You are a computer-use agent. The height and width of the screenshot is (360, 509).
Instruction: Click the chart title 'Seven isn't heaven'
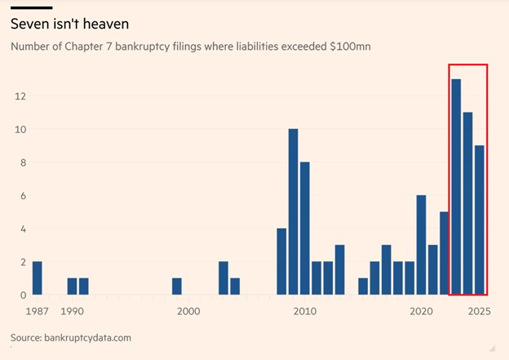click(69, 24)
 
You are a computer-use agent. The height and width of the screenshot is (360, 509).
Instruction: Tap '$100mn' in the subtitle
click(350, 47)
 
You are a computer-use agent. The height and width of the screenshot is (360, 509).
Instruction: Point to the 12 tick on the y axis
click(20, 96)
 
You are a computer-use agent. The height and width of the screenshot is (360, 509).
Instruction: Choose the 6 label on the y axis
click(24, 196)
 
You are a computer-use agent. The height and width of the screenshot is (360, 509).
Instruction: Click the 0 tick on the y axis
click(24, 295)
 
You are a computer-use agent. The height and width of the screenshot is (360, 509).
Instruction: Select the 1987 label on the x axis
click(37, 311)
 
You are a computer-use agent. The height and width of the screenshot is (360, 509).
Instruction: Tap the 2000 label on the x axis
click(188, 311)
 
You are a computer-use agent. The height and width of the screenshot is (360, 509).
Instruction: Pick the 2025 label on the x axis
click(479, 311)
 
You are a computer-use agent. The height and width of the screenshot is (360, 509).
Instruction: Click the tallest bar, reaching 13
click(456, 187)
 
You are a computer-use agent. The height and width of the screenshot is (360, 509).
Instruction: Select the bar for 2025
click(480, 220)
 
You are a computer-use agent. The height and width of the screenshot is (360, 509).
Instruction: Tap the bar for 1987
click(37, 278)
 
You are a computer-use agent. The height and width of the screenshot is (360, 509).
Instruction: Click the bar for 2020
click(422, 245)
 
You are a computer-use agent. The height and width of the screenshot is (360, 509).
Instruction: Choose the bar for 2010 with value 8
click(305, 229)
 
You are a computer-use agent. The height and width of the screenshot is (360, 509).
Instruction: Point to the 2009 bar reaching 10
click(294, 212)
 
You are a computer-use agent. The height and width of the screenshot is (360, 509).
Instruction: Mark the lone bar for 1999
click(177, 287)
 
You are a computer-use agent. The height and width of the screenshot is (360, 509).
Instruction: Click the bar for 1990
click(72, 287)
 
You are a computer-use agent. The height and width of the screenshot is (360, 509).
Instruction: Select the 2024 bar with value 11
click(468, 204)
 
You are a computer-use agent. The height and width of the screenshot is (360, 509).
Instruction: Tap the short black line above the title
click(31, 7)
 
